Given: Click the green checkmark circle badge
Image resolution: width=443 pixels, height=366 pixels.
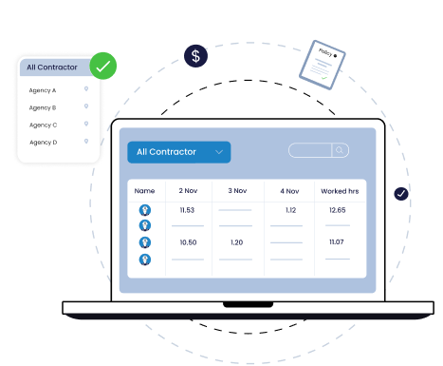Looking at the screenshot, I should click(104, 67).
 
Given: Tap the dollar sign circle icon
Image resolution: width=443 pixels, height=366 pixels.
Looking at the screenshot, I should click(196, 56).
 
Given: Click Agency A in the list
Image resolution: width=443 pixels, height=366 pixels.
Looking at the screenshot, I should click(43, 90).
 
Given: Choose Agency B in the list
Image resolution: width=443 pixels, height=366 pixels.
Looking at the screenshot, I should click(43, 107).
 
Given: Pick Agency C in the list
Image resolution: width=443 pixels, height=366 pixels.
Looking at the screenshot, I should click(43, 125).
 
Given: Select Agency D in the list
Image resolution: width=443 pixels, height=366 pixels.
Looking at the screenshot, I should click(43, 142).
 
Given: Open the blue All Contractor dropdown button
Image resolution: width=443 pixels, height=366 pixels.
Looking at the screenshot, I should click(178, 151).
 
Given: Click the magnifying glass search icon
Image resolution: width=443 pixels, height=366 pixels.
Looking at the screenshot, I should click(340, 150).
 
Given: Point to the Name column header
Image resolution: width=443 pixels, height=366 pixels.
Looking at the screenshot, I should click(144, 191).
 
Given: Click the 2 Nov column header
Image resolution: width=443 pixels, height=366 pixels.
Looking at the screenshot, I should click(188, 191).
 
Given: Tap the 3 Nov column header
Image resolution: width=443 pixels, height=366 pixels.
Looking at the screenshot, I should click(236, 191).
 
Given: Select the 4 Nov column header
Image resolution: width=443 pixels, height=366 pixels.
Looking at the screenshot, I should click(289, 191).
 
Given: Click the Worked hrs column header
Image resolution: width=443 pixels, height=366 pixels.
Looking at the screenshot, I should click(339, 191).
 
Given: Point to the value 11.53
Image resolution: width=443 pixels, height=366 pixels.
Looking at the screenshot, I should click(187, 209).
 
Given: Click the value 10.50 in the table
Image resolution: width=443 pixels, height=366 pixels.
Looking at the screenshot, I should click(187, 242).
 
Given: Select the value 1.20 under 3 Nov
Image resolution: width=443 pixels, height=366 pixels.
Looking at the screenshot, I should click(236, 242).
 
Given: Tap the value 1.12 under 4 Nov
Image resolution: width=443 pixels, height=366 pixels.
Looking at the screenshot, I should click(290, 209).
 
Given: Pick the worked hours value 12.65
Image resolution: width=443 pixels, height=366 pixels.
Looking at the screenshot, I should click(338, 209).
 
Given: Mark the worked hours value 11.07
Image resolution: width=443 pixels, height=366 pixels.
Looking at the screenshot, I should click(338, 242).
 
